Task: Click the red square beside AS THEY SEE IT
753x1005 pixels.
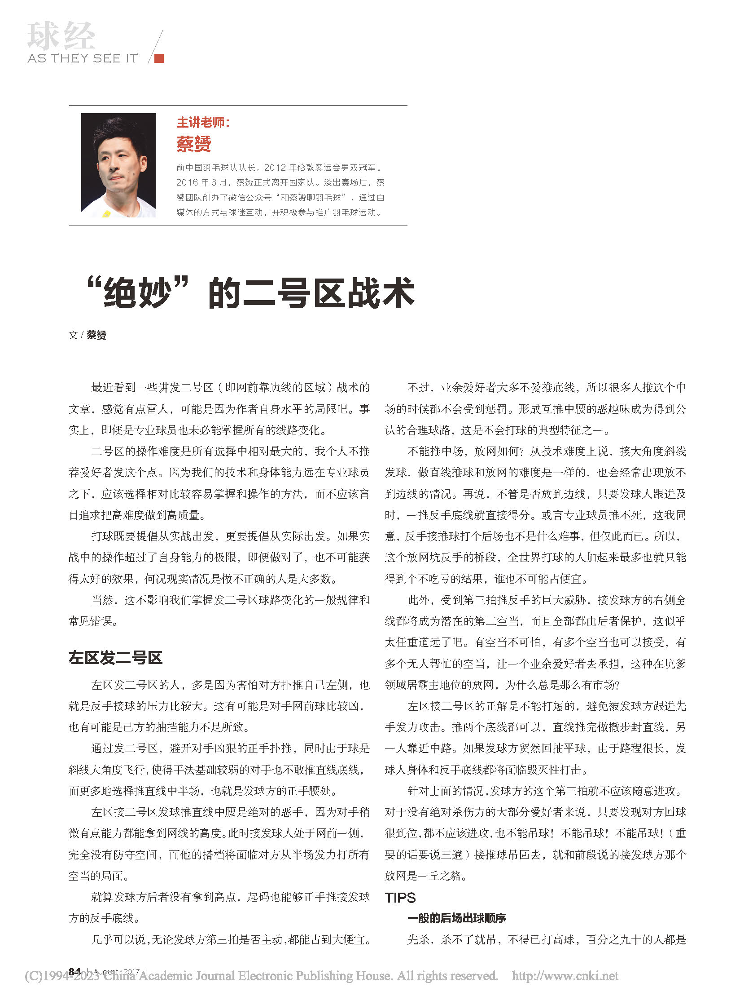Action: (159, 58)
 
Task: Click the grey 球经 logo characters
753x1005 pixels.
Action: (61, 36)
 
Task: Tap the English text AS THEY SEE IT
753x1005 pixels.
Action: (83, 58)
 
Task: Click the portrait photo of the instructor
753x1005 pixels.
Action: (118, 165)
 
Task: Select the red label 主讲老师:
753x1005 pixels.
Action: (203, 122)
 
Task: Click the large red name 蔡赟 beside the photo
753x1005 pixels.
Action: (194, 145)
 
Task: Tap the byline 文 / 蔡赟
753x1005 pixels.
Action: (87, 335)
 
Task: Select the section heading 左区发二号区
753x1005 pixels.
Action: (115, 657)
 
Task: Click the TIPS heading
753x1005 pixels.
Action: (400, 898)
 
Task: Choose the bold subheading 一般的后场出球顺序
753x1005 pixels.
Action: (457, 918)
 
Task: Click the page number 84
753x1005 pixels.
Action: (74, 971)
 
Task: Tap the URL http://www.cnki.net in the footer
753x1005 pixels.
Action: (565, 975)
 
